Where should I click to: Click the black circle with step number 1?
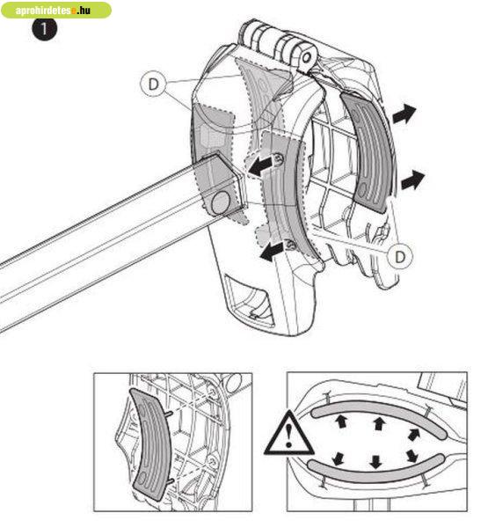coord(45,29)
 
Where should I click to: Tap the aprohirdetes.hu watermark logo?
coord(56,10)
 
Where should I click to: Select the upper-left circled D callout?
coord(153,84)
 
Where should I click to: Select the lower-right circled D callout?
coord(400,257)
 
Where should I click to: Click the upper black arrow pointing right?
coord(404,114)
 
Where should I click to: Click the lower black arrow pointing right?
coord(412,180)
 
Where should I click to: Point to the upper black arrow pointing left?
coord(260,165)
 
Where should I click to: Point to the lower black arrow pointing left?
coord(272,252)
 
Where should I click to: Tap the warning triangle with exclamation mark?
coord(288,434)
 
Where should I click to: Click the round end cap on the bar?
coord(221,202)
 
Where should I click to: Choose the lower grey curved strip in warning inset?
coord(376,468)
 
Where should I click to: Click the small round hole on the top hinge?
coord(306,57)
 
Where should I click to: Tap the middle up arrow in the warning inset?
coord(379,423)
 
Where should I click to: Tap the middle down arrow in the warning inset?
coord(375,462)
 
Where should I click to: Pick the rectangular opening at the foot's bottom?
coord(250,301)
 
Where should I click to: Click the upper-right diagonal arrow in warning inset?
coord(413,435)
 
